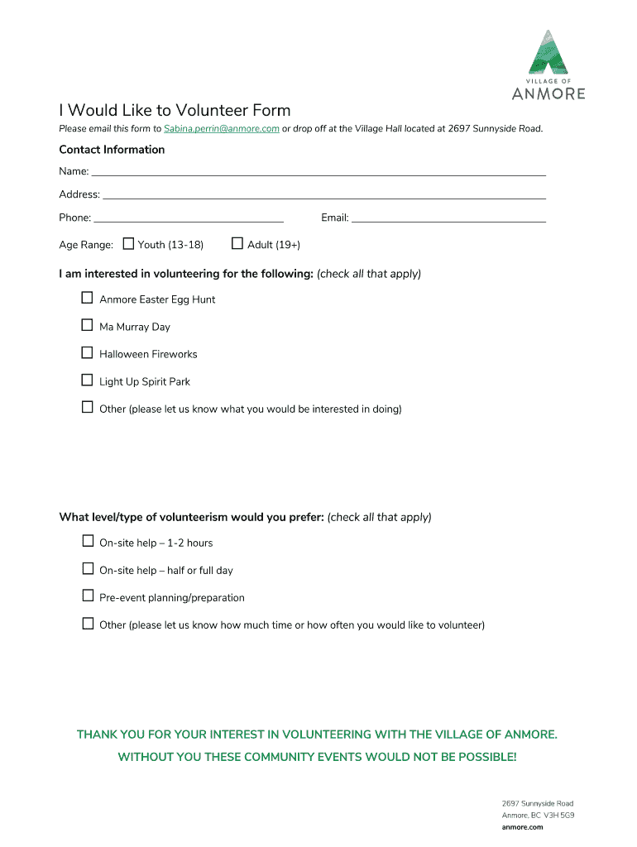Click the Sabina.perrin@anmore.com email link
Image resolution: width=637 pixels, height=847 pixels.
coord(221,128)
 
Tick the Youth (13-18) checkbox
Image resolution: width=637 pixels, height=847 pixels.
coord(128,244)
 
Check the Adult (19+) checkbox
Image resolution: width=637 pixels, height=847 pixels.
coord(237,244)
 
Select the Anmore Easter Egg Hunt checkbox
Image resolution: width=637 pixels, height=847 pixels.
coord(87,298)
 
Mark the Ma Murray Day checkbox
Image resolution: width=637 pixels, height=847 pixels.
coord(87,325)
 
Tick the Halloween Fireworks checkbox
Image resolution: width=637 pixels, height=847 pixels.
coord(87,352)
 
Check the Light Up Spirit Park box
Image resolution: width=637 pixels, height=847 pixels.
coord(87,380)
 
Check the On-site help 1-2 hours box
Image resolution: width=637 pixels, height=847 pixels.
coord(87,541)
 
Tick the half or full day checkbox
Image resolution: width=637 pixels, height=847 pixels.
coord(87,568)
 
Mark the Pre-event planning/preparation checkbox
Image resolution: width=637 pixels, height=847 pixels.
coord(87,596)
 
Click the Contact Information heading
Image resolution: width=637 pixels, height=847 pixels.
coord(112,150)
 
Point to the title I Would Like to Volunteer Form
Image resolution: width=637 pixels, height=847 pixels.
coord(175,110)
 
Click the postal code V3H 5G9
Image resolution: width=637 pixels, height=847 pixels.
coord(558,815)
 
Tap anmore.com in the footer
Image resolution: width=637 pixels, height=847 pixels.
coord(522,826)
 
